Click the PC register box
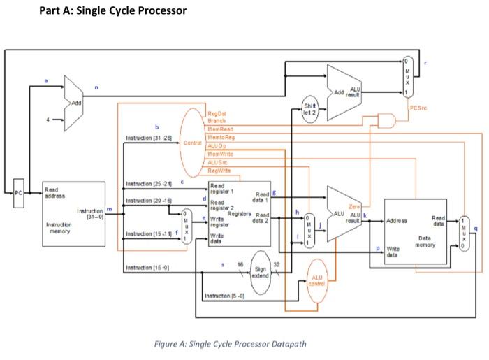pyautogui.click(x=19, y=192)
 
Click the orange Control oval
pyautogui.click(x=192, y=142)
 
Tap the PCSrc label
pyautogui.click(x=418, y=108)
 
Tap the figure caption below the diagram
pyautogui.click(x=230, y=343)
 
